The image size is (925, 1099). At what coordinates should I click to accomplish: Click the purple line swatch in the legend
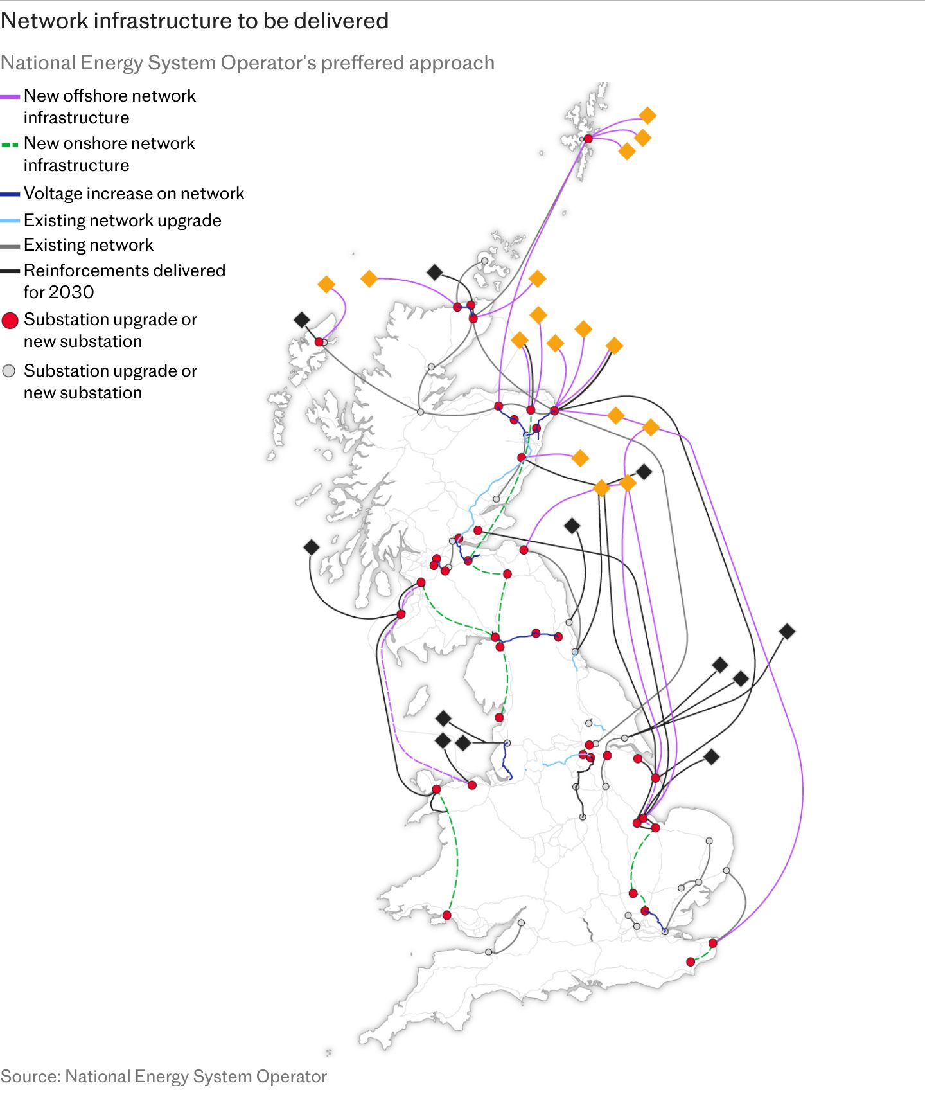point(10,96)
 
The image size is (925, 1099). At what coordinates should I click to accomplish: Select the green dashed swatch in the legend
point(10,145)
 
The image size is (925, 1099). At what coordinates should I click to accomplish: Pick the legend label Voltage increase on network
point(134,193)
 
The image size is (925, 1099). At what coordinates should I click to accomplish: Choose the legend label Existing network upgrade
point(123,220)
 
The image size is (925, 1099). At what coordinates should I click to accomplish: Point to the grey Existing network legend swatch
point(10,246)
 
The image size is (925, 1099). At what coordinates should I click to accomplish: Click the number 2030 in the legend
point(58,292)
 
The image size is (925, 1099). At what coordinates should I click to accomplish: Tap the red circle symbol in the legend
point(10,321)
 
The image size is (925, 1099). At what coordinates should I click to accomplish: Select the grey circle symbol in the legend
point(9,371)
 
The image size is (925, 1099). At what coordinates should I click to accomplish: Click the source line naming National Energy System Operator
point(164,1077)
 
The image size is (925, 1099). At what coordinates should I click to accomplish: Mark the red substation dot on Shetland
point(588,139)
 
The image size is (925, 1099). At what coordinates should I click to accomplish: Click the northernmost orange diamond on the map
point(647,116)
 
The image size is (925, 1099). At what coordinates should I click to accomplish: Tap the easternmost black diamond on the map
point(787,631)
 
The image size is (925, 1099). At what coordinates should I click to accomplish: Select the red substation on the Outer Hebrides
point(319,342)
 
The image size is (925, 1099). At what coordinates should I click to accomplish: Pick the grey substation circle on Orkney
point(484,261)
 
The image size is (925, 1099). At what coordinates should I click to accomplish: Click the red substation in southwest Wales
point(447,915)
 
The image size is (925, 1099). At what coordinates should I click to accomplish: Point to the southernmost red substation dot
point(691,962)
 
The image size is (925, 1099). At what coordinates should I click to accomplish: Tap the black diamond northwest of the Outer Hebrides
point(302,319)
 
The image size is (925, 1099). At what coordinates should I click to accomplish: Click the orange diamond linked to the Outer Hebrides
point(326,284)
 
